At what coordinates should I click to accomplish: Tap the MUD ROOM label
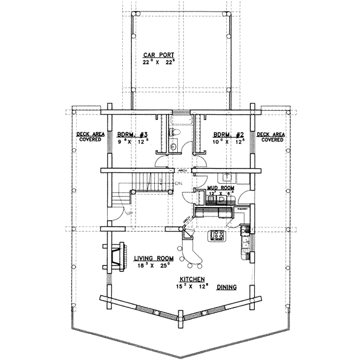tap(221, 188)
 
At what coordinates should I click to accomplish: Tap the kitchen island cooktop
tap(217, 236)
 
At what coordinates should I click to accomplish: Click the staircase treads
tap(148, 180)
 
